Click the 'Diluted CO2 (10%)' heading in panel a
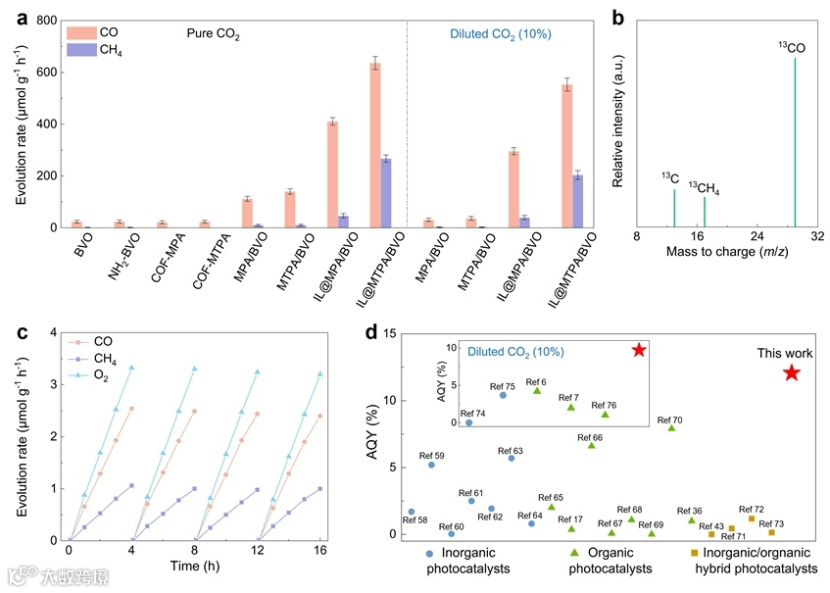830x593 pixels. (x=500, y=34)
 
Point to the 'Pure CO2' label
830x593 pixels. (x=214, y=34)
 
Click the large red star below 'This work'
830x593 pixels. (x=792, y=372)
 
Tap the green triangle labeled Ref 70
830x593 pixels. (x=671, y=428)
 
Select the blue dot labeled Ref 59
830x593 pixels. (x=431, y=465)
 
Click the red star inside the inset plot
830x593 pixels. (x=639, y=350)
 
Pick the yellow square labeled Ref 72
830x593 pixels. (x=752, y=519)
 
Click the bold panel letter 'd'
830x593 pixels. (x=371, y=332)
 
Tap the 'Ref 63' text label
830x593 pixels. (x=512, y=450)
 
